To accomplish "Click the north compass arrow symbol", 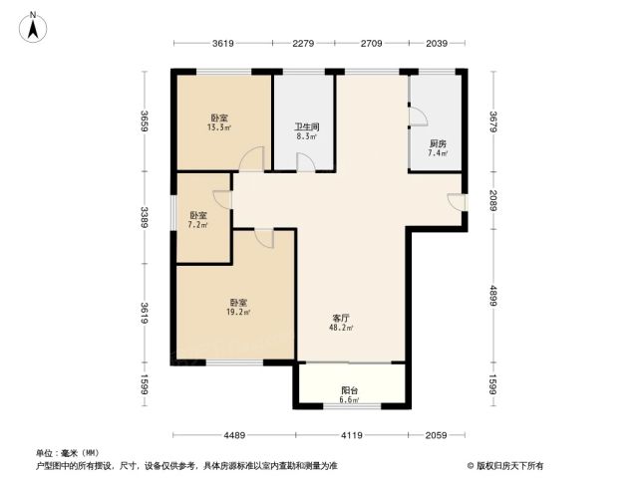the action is pos(33,28).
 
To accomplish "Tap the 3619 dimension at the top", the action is pos(223,43).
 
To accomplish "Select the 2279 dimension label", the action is pos(303,43).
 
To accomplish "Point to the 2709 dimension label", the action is pos(371,43).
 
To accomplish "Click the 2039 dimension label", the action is pos(437,43).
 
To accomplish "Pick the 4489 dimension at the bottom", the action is pos(234,435).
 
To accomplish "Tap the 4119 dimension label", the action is pos(352,435).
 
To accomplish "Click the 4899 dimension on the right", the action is pos(493,296).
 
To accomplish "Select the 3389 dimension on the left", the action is pos(145,217).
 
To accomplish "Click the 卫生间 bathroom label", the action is pos(307,127).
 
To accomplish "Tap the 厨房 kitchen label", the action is pos(438,143).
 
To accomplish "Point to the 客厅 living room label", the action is pos(341,319).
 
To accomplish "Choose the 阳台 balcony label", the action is pos(350,390).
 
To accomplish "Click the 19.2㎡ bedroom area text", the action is pos(238,312).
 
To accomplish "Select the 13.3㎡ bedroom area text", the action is pos(219,127).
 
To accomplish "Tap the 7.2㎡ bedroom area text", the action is pos(198,225).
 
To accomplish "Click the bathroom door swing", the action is pos(305,162).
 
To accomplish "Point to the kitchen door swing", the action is pos(418,117).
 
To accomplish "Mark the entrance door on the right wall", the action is pos(457,202).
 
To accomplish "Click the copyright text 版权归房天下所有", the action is pos(505,466).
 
